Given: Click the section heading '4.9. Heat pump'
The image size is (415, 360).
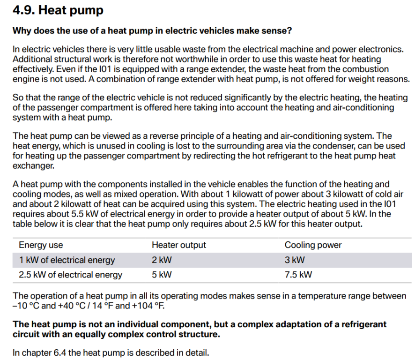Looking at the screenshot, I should [58, 10].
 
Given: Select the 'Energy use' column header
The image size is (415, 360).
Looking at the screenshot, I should [41, 245].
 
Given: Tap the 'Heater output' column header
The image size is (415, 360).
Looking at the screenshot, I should [178, 245].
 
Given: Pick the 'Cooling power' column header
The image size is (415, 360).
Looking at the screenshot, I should [313, 245].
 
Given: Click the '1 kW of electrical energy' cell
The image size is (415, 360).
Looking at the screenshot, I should [67, 260].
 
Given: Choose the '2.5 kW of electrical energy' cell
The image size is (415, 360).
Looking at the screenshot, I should [70, 275].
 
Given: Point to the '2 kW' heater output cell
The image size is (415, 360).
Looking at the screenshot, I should [162, 260].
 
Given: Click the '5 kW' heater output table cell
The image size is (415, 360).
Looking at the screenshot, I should [162, 275].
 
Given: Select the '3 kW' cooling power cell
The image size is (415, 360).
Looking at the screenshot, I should [295, 260].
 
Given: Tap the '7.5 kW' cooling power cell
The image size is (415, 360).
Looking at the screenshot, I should [298, 275].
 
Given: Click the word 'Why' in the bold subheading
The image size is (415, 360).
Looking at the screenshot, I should [22, 31].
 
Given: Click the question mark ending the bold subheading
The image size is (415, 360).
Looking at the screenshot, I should [290, 31].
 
